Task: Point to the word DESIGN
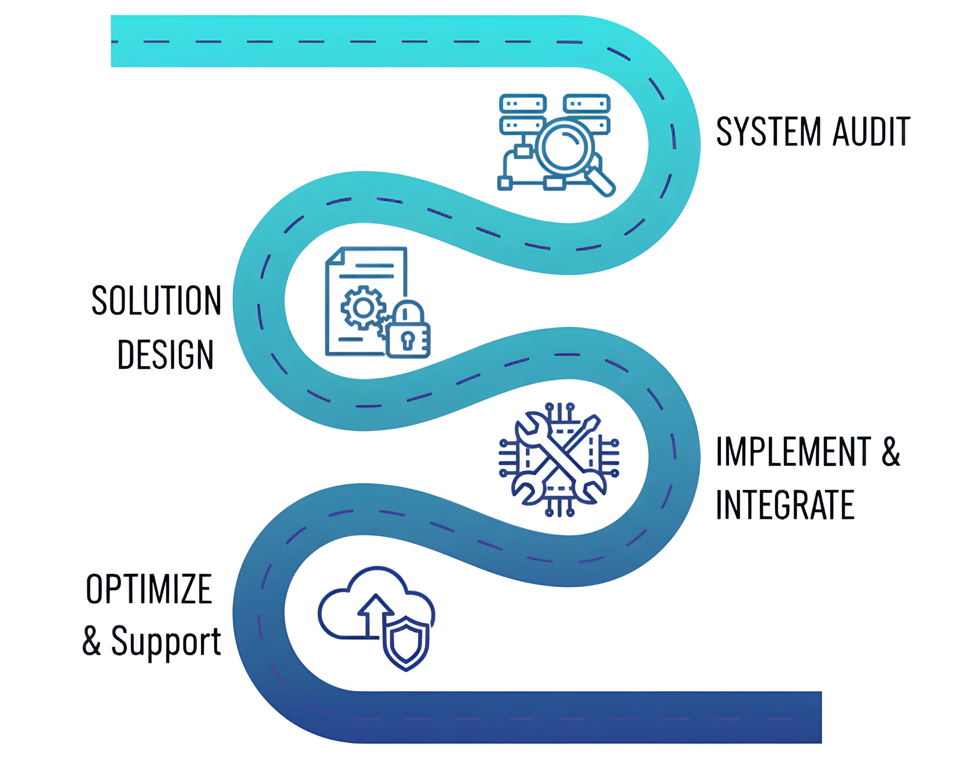pos(165,354)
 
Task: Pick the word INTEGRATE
pos(785,505)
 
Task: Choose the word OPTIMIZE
pos(149,589)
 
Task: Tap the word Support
pos(166,642)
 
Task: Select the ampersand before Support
pos(91,640)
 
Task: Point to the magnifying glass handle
pos(600,181)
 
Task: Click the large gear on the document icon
pos(363,308)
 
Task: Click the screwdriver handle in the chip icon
pos(591,424)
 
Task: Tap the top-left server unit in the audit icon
pos(523,104)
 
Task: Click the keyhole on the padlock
pos(408,340)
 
